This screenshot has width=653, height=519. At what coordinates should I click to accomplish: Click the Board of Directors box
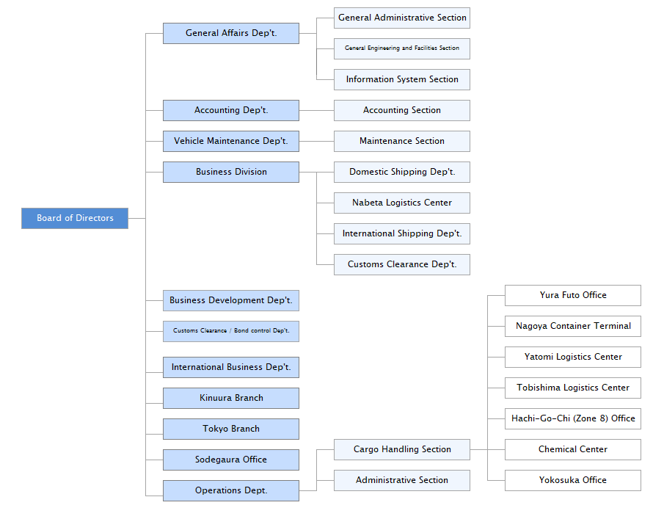tap(75, 218)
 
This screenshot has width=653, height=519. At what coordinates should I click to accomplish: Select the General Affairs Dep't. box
tap(231, 33)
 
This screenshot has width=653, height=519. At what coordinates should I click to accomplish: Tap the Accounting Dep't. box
tap(231, 110)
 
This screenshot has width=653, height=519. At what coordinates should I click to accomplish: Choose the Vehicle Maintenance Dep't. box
tap(231, 141)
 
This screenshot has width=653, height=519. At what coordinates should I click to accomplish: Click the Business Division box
tap(231, 172)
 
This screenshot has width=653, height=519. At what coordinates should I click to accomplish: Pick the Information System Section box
tap(402, 79)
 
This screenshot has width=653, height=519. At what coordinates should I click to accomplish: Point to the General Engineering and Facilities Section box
tap(402, 48)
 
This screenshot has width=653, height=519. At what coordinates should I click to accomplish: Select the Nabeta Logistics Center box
tap(402, 203)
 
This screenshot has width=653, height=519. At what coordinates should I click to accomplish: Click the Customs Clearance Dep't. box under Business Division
tap(402, 264)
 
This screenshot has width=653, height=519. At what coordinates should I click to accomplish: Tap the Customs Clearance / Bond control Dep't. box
tap(231, 331)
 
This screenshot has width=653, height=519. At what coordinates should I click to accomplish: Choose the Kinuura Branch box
tap(231, 398)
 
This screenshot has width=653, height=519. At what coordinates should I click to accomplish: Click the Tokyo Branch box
tap(231, 429)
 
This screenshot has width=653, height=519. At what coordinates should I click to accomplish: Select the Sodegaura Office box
tap(231, 460)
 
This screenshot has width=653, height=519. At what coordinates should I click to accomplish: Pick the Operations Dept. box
tap(231, 490)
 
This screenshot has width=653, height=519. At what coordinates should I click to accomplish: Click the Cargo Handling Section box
tap(402, 449)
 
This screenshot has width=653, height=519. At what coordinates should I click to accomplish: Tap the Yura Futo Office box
tap(573, 295)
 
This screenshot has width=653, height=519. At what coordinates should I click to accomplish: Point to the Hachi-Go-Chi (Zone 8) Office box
tap(573, 418)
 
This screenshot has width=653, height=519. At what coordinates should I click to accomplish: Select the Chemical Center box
tap(573, 449)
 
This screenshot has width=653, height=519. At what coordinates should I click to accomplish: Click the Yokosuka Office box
tap(573, 480)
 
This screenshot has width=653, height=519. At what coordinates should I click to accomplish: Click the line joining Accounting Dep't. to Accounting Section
tap(317, 110)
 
